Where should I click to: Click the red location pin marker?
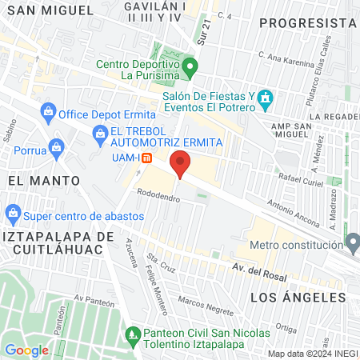(181, 163)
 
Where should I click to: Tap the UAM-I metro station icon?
(146, 157)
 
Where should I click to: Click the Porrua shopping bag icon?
(56, 147)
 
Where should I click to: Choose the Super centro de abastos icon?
(13, 214)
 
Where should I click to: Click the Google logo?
(26, 350)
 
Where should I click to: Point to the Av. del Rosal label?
(258, 267)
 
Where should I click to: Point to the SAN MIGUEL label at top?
(48, 10)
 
